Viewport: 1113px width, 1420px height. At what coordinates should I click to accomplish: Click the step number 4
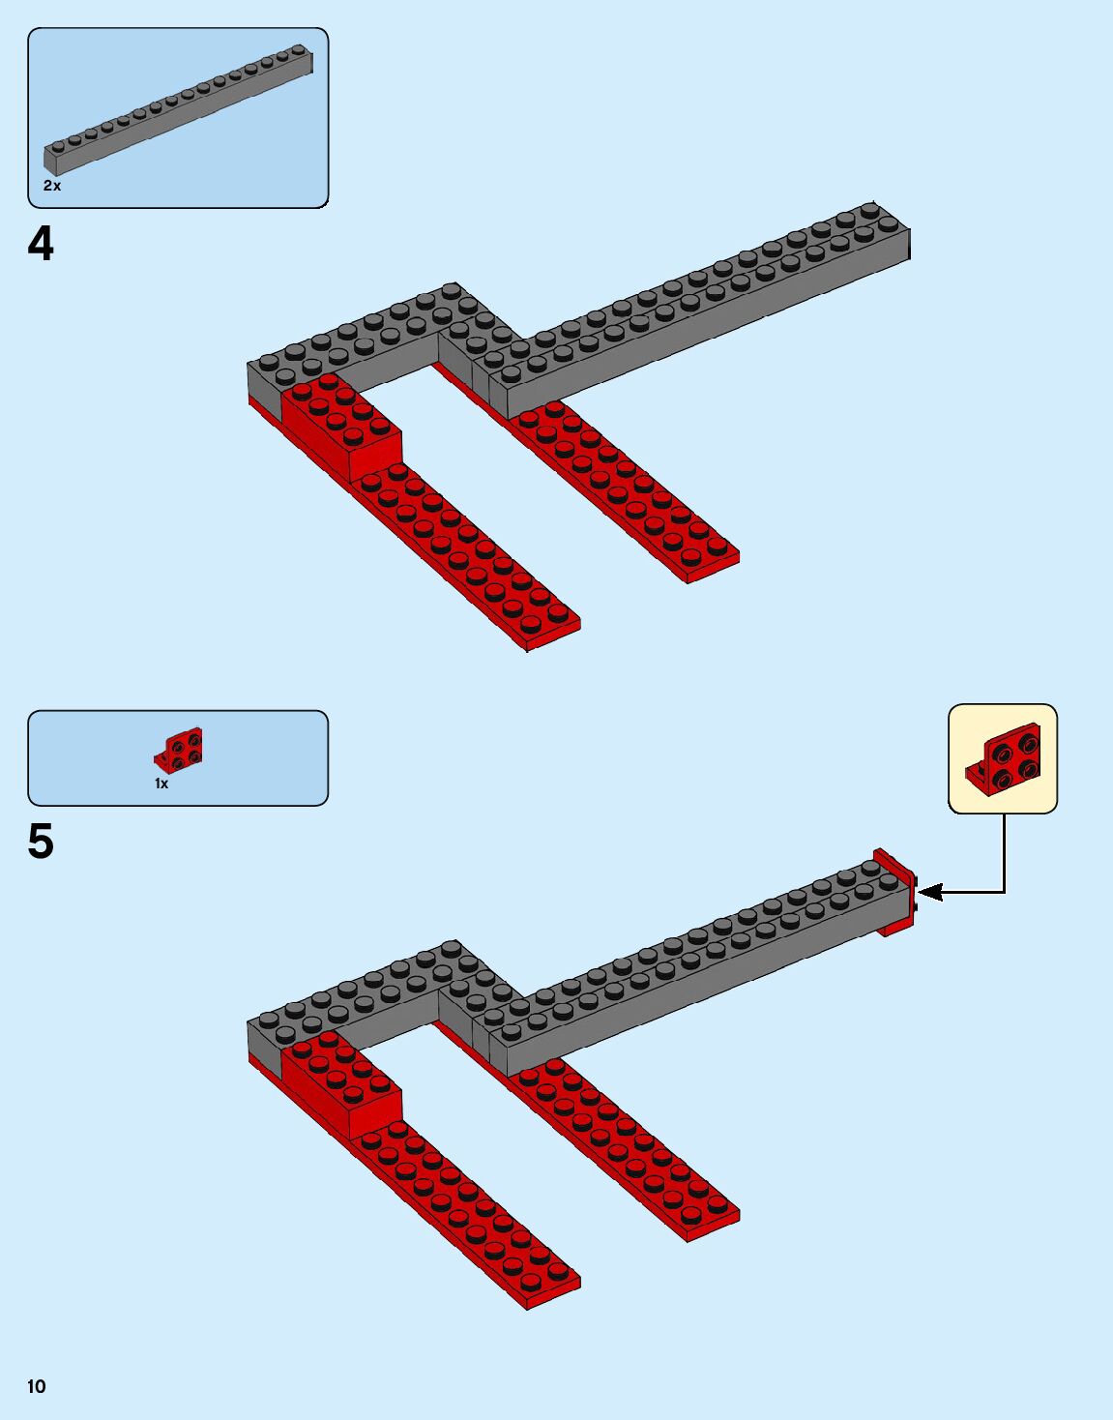[41, 244]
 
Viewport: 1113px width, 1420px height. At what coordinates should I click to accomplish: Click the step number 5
[41, 842]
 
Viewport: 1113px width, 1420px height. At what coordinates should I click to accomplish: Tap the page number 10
[36, 1386]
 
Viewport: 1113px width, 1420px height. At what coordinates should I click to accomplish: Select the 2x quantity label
[52, 186]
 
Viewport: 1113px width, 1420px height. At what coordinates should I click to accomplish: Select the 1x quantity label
[161, 784]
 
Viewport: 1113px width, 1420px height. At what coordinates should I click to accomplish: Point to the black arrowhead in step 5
[928, 892]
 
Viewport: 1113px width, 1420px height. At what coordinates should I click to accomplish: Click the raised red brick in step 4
[341, 426]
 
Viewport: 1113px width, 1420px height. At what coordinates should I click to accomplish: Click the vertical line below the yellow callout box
[1004, 851]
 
